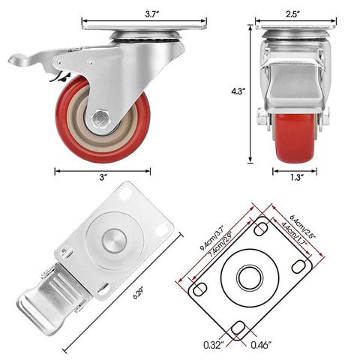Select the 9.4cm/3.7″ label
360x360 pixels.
point(212,235)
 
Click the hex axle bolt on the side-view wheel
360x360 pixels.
point(100,121)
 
